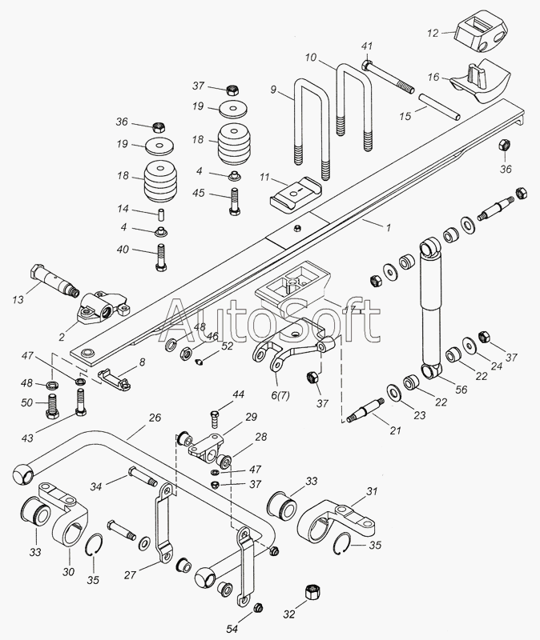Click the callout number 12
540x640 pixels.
click(433, 33)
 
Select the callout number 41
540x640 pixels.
click(367, 46)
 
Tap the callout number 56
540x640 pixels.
click(462, 390)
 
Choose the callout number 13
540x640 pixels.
click(18, 299)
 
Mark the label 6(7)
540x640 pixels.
click(280, 395)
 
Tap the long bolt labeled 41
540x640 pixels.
click(388, 77)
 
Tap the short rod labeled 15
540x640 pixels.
click(439, 106)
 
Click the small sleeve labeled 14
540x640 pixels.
click(161, 214)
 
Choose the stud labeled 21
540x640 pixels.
click(365, 410)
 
